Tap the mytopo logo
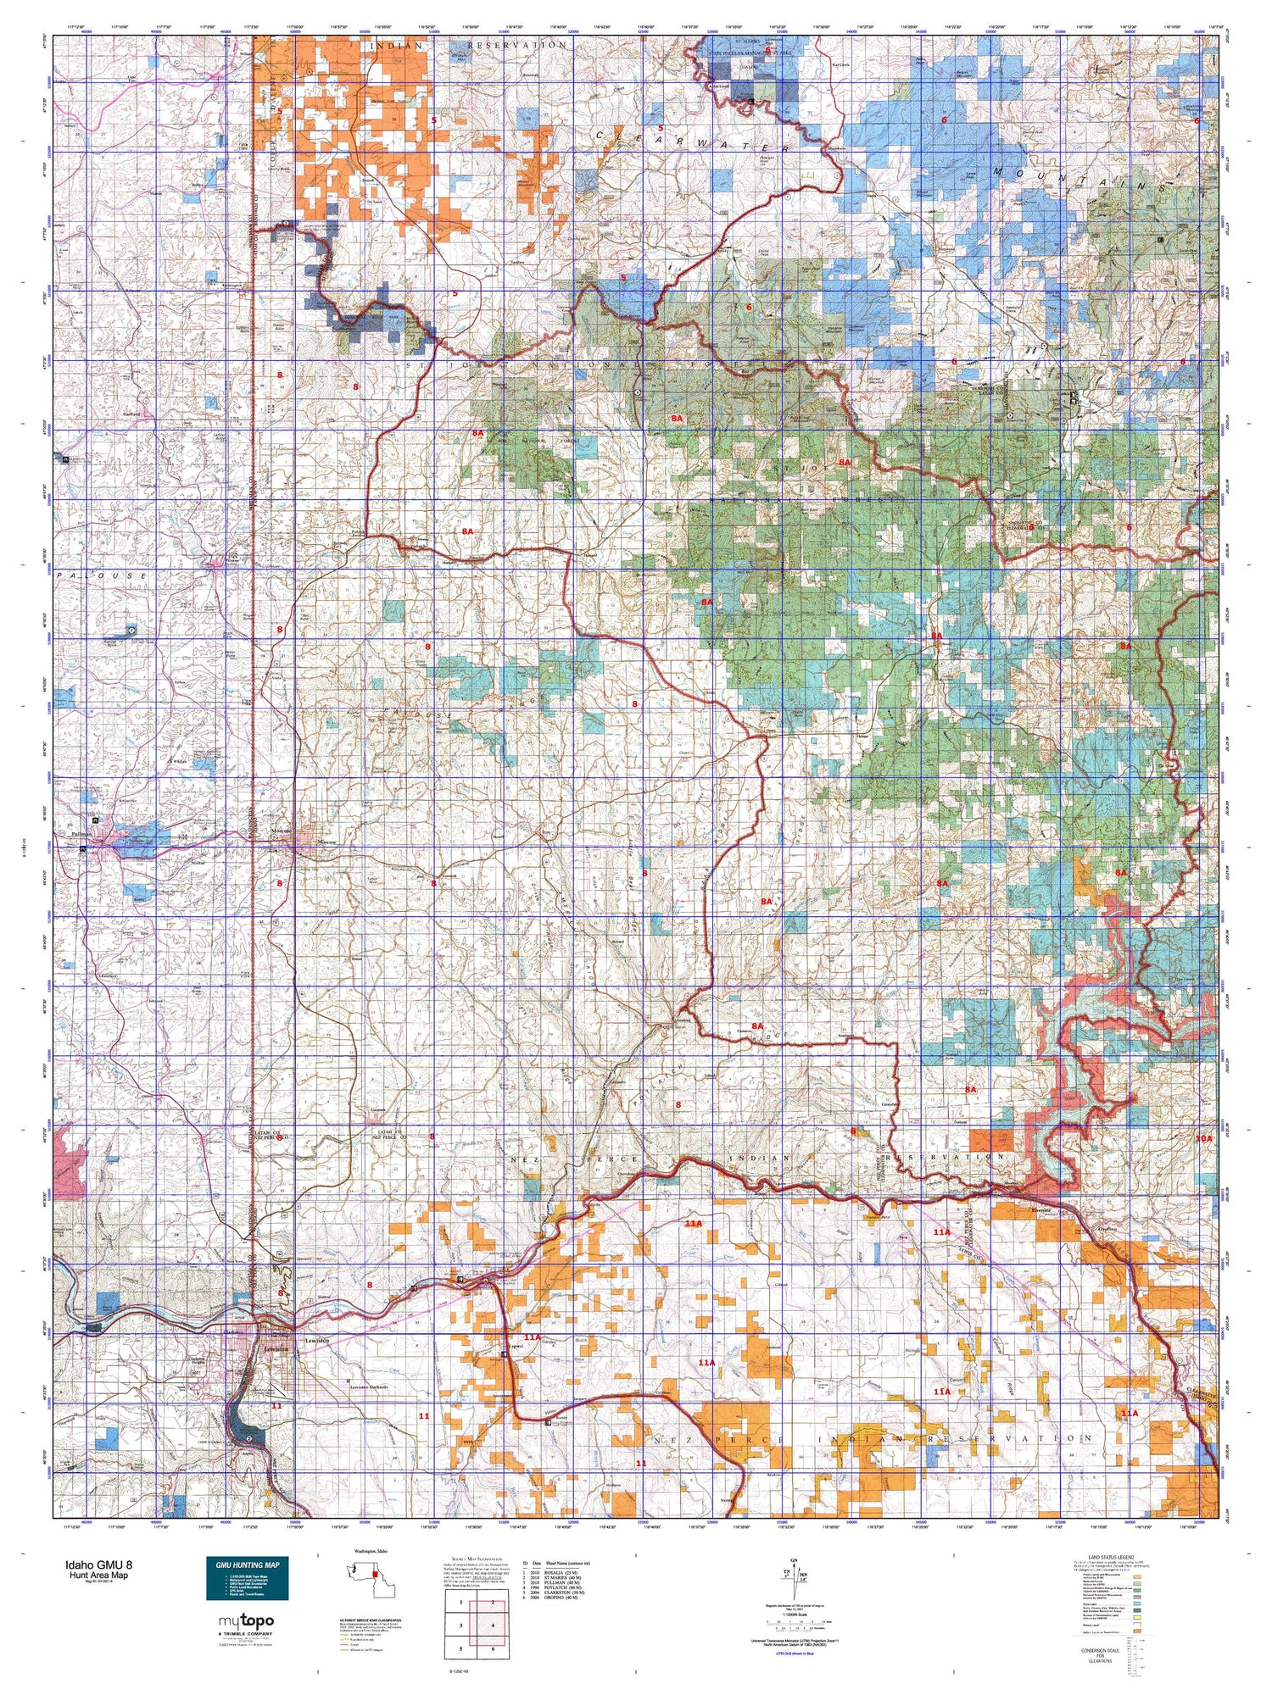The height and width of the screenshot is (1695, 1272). click(247, 1621)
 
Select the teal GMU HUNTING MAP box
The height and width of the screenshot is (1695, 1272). click(247, 1578)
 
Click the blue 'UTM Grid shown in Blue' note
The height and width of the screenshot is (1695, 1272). click(793, 1653)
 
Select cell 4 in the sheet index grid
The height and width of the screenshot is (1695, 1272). click(492, 1626)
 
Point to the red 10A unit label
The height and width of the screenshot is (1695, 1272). click(1204, 1138)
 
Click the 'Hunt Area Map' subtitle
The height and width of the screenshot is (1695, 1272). click(99, 1575)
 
